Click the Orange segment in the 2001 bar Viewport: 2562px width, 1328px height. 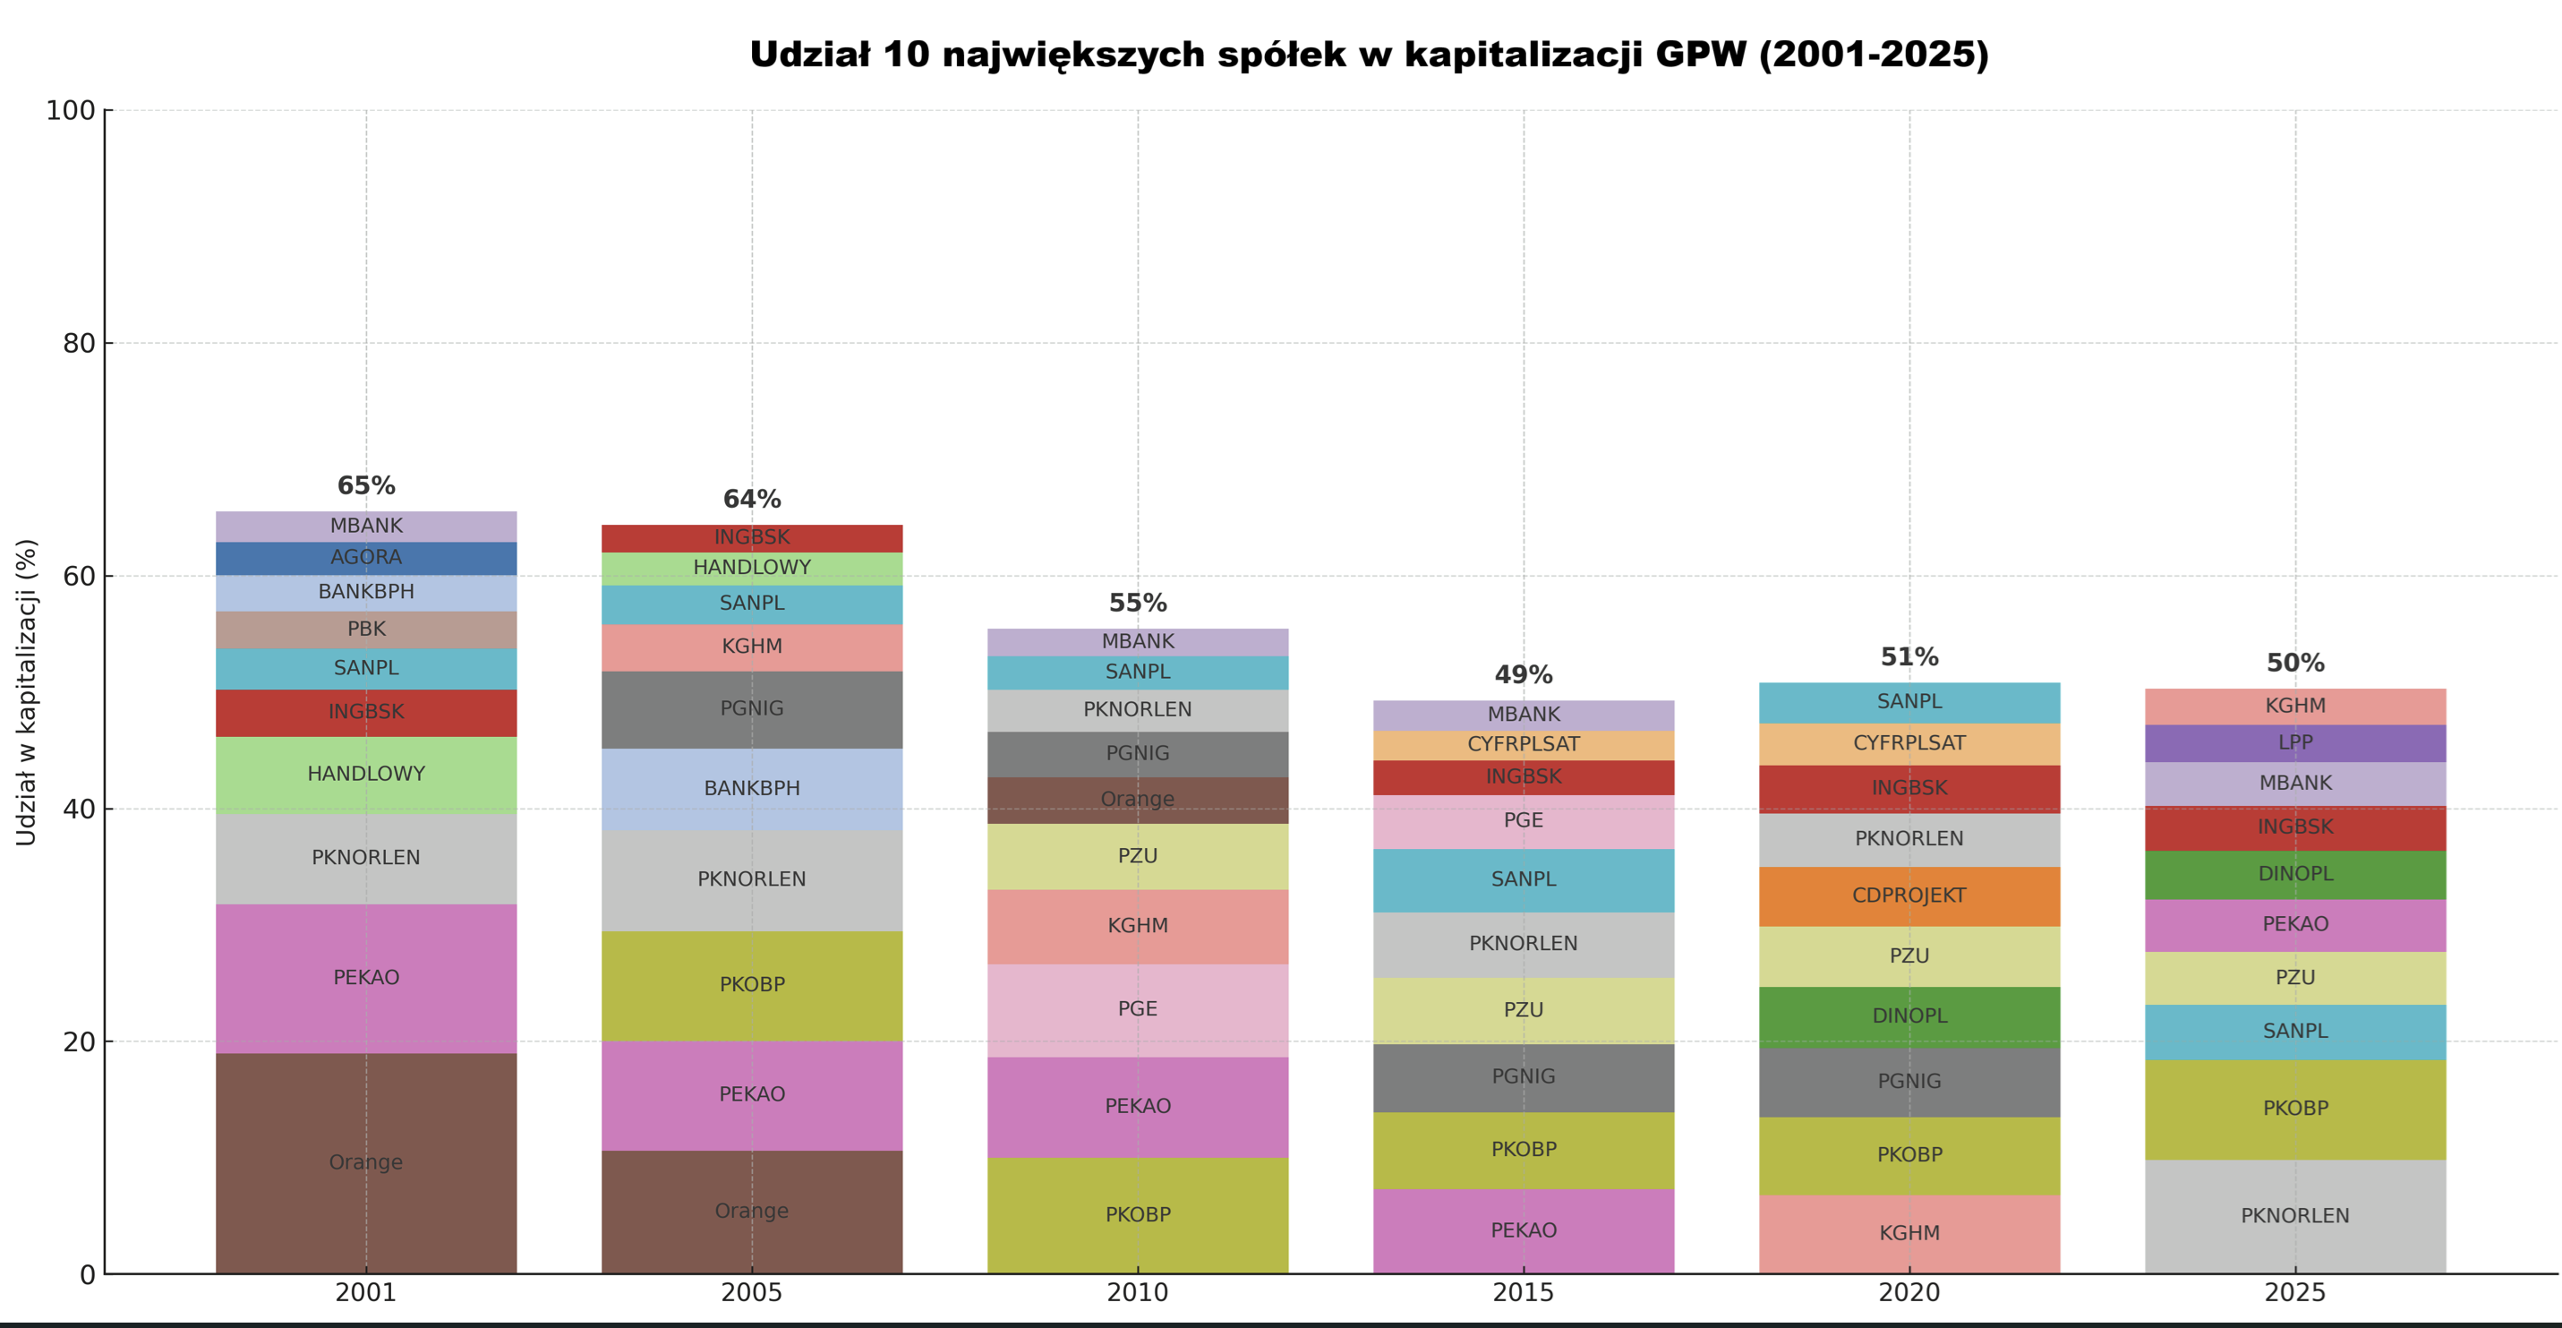[x=366, y=1161]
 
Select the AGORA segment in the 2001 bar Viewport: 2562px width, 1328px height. [x=366, y=558]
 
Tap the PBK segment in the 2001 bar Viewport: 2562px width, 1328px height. [x=366, y=630]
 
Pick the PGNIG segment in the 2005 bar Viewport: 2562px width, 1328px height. [x=752, y=709]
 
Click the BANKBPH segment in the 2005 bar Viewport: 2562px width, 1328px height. [x=752, y=789]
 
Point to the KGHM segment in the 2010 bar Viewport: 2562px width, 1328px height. [x=1138, y=926]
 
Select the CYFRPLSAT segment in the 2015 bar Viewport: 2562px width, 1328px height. [x=1524, y=745]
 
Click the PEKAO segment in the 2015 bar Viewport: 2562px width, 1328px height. [x=1524, y=1230]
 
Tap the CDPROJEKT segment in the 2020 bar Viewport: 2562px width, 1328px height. [x=1909, y=896]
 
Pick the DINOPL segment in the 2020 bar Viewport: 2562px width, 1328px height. [x=1909, y=1016]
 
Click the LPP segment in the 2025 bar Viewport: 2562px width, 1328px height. [x=2295, y=743]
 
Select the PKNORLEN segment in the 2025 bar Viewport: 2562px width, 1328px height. [x=2295, y=1215]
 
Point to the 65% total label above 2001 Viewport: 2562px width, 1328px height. [x=366, y=486]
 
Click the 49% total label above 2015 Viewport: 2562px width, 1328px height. [x=1524, y=675]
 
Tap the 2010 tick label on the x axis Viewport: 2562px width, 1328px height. [x=1138, y=1293]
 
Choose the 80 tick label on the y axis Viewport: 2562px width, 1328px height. [x=79, y=344]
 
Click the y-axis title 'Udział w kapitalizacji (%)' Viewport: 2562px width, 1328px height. [x=26, y=692]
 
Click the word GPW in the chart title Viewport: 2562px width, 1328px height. [x=1700, y=55]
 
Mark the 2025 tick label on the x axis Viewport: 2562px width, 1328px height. [x=2295, y=1293]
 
